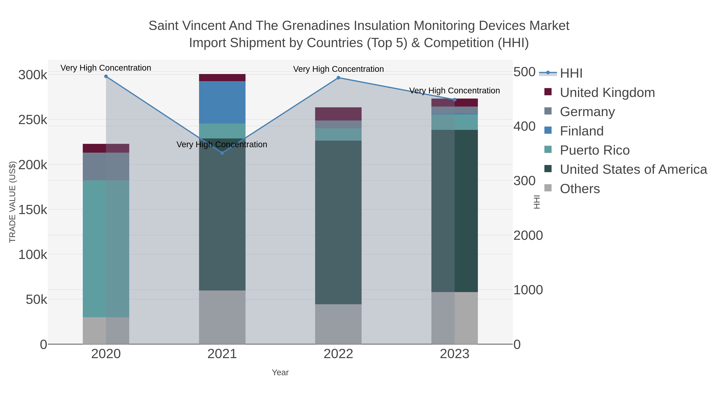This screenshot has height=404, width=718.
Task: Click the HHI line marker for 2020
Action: pos(106,76)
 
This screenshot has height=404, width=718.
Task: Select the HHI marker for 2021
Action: pos(222,153)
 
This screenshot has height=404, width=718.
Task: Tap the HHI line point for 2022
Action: pos(338,78)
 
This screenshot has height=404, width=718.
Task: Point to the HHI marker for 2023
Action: pos(455,100)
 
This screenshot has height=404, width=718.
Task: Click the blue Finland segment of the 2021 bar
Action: pos(222,102)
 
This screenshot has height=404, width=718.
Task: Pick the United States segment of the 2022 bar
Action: pos(338,222)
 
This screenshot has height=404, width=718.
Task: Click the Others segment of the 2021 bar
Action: pos(222,317)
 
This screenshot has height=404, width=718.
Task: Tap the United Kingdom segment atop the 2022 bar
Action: pos(338,114)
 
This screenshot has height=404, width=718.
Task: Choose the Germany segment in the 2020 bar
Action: pos(106,166)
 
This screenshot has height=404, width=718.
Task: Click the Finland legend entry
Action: pos(581,131)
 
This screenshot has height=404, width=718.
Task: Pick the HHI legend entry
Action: pos(571,73)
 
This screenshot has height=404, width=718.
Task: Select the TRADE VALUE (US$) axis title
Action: pos(13,202)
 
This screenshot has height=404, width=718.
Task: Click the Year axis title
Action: pos(280,372)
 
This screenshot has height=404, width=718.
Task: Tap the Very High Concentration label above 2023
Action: pos(455,91)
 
